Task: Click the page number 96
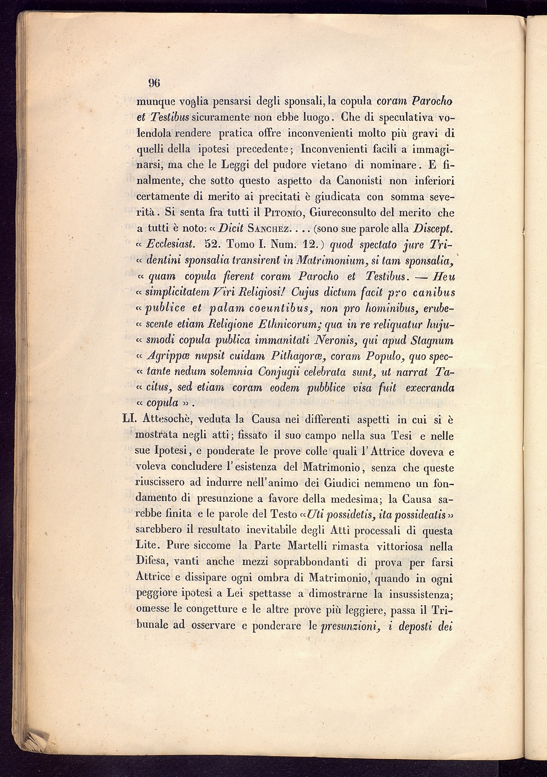(x=154, y=82)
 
